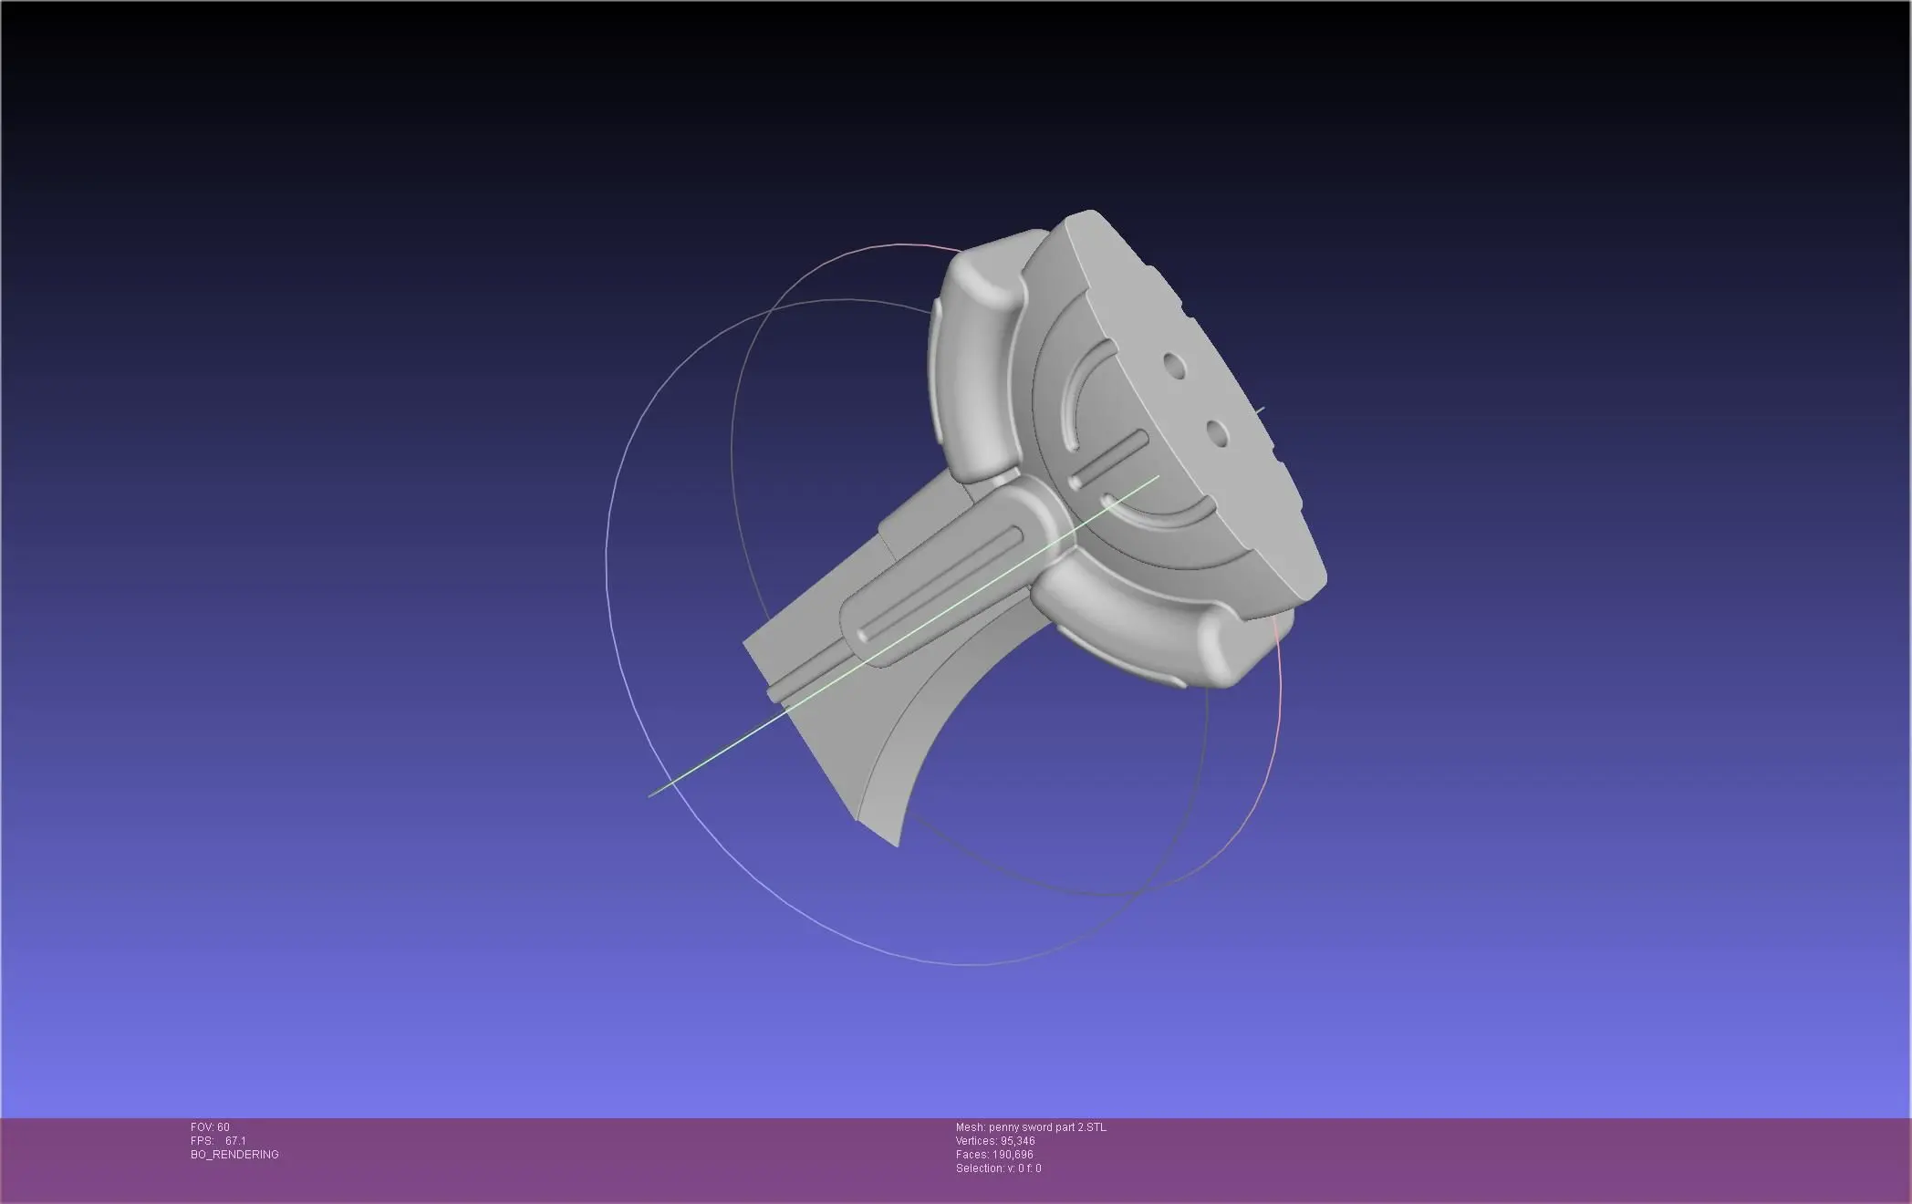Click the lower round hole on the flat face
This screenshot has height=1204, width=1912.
(1215, 430)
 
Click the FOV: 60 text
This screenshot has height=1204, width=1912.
(210, 1127)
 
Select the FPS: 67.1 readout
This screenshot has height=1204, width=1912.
(218, 1141)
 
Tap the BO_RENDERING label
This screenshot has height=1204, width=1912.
(234, 1155)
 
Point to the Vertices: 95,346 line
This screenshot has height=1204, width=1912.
(995, 1141)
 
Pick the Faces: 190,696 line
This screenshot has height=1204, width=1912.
(994, 1155)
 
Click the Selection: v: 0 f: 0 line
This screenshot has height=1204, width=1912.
(998, 1168)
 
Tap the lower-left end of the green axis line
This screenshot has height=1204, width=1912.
(650, 795)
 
